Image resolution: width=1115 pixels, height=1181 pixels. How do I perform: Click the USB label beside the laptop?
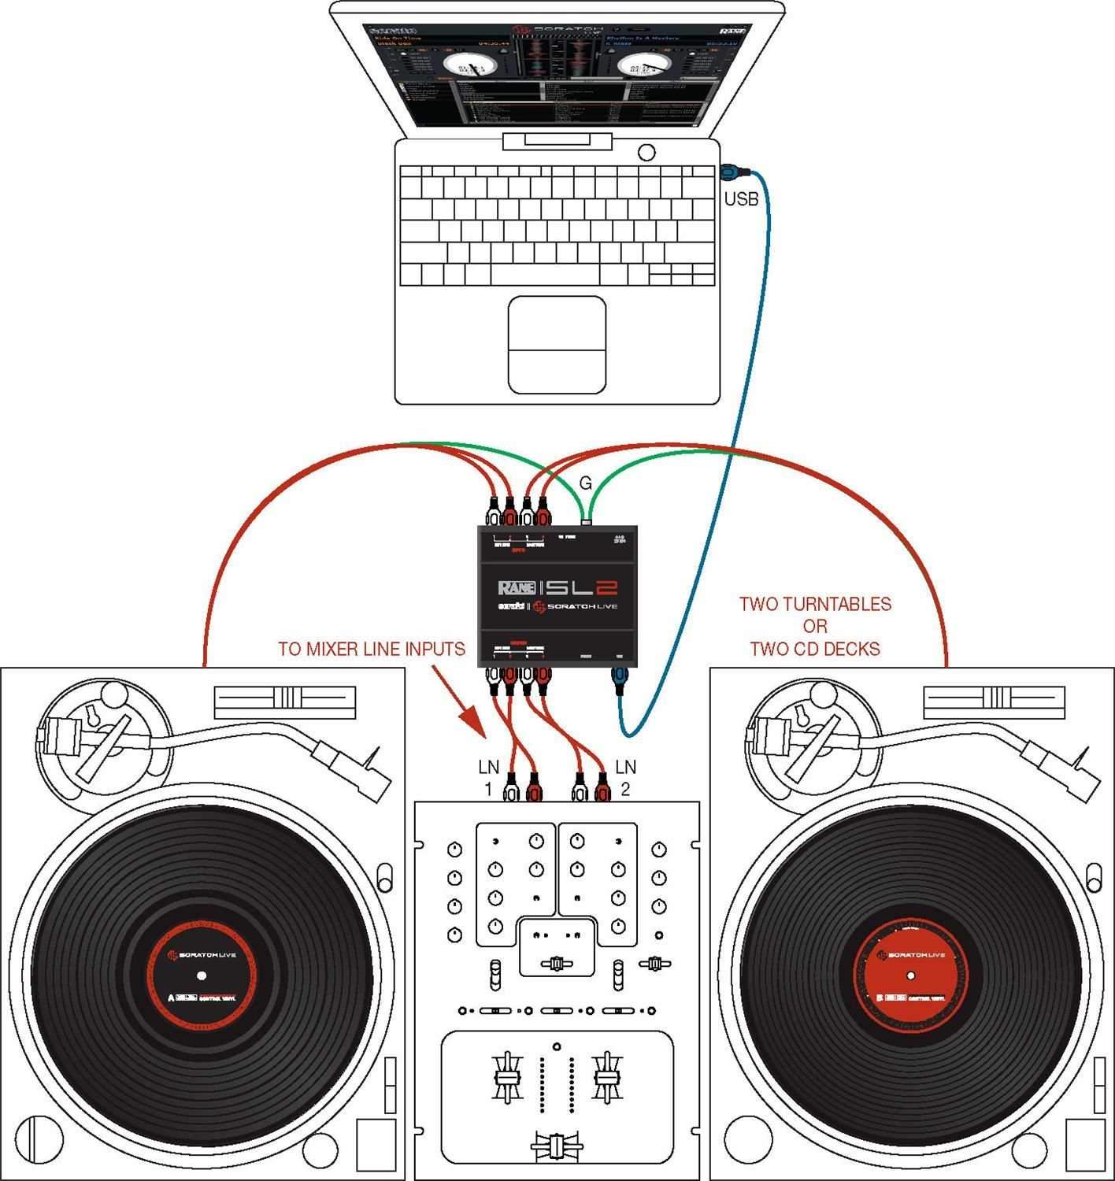click(x=741, y=199)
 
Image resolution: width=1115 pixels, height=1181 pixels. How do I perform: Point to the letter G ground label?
click(x=585, y=484)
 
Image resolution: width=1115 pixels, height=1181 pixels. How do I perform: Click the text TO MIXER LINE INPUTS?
click(x=372, y=650)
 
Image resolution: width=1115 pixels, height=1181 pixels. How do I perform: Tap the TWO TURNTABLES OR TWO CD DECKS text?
click(x=815, y=627)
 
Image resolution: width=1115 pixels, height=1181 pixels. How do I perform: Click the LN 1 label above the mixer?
click(x=489, y=777)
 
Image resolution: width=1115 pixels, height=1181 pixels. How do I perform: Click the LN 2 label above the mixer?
click(x=625, y=777)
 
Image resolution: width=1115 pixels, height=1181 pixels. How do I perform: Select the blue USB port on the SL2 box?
click(x=620, y=675)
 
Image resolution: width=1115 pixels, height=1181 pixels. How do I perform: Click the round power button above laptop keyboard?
click(x=647, y=152)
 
